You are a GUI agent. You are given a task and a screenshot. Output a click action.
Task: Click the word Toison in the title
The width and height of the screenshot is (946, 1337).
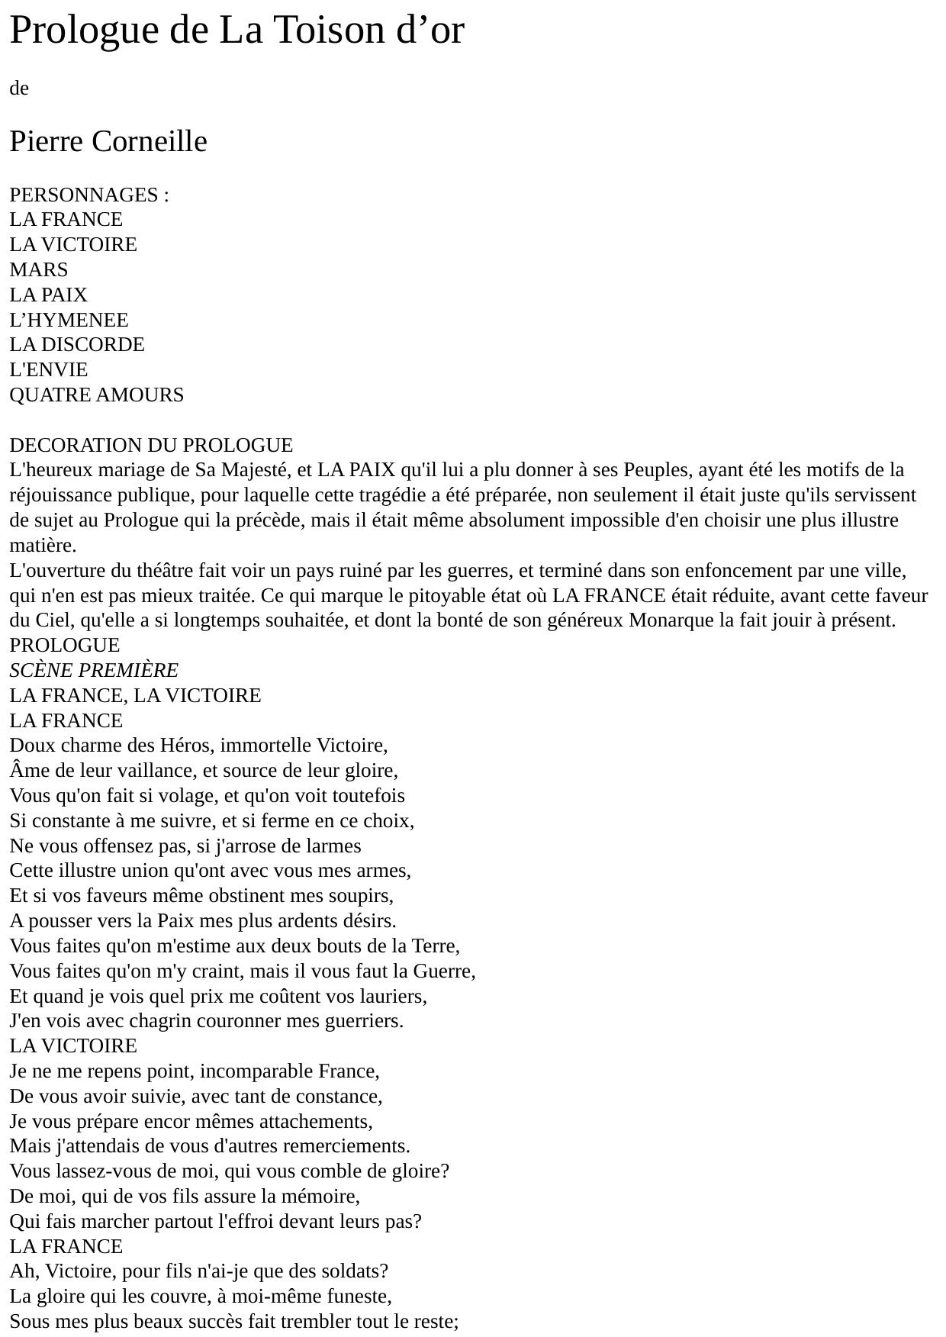tap(317, 31)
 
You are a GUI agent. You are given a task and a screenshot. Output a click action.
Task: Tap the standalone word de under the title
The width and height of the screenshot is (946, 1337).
tap(19, 89)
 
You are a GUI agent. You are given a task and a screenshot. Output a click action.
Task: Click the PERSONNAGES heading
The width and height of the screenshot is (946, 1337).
tap(85, 195)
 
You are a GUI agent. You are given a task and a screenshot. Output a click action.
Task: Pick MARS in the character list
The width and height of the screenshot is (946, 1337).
tap(39, 270)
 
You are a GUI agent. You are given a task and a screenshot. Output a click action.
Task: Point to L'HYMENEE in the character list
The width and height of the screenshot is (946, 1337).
tap(69, 321)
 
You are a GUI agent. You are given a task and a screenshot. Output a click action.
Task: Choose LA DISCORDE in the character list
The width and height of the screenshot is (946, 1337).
tap(77, 345)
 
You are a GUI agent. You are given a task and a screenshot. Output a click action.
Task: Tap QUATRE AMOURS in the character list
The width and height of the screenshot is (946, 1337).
tap(97, 395)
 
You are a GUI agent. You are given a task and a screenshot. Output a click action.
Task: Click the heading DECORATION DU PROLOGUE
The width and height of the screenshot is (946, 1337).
tap(151, 446)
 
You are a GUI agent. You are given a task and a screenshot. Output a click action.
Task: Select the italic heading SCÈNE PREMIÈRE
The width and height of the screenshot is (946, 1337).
tap(94, 671)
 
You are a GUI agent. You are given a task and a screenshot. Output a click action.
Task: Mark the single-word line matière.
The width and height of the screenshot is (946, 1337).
tap(43, 546)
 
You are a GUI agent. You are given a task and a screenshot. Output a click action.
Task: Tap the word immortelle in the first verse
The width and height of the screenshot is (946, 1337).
tap(265, 746)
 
